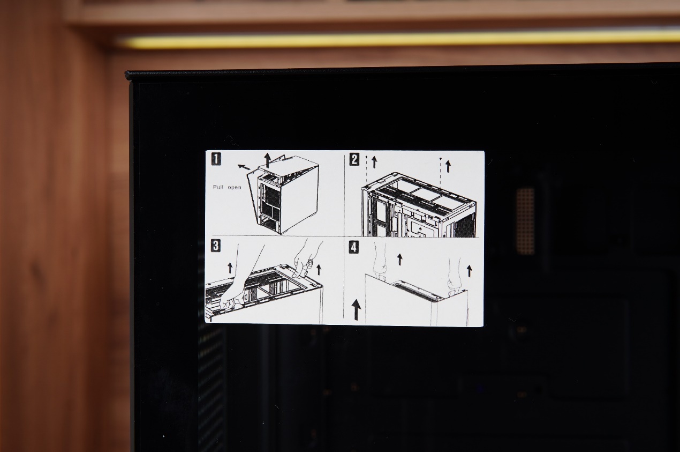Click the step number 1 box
tap(216, 159)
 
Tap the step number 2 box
tap(354, 160)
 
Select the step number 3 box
tap(216, 246)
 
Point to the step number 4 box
tap(354, 247)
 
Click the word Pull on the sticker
tap(218, 187)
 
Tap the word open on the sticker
tap(235, 188)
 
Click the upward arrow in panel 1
tap(267, 160)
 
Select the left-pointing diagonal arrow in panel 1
tap(244, 167)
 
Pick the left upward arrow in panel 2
tap(374, 162)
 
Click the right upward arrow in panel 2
tap(448, 167)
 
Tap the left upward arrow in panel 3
tap(230, 268)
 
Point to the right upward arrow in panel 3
tap(319, 270)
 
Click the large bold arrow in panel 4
tap(356, 309)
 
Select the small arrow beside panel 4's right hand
tap(470, 271)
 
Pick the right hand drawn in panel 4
tap(455, 277)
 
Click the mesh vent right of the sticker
tap(525, 221)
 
